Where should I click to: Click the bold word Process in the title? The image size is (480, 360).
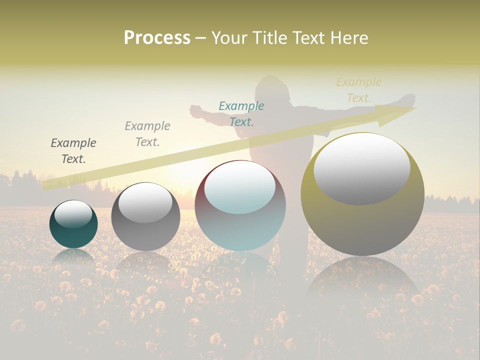[x=157, y=37]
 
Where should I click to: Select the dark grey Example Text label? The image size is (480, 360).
[x=73, y=151]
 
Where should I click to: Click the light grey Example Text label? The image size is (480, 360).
[x=147, y=134]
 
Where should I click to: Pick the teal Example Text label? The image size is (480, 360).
[x=241, y=114]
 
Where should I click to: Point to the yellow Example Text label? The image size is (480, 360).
[x=359, y=90]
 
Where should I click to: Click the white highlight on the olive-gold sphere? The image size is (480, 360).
[x=362, y=167]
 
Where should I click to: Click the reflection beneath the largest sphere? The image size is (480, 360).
[x=362, y=285]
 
